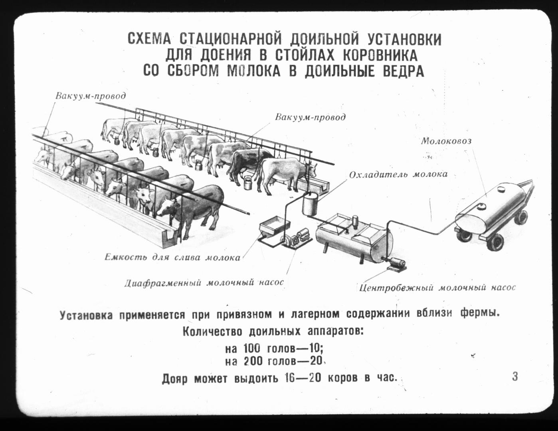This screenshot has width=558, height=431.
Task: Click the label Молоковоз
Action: [446, 141]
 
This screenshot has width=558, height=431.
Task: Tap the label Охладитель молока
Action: [398, 174]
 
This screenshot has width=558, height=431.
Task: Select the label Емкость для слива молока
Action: [172, 257]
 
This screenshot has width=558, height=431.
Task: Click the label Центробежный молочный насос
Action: [437, 288]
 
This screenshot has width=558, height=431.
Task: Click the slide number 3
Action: [514, 377]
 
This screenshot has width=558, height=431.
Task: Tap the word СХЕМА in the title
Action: [149, 40]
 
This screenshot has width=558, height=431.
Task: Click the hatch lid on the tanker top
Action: [501, 189]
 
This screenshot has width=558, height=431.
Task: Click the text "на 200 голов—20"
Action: [273, 362]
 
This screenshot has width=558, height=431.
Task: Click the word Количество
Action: [212, 332]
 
